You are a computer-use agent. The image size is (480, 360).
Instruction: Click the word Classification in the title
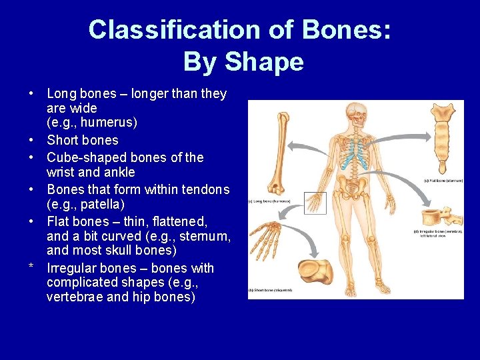point(157,30)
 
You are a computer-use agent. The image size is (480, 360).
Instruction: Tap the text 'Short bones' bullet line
point(82,140)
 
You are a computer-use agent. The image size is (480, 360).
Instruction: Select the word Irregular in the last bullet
point(72,268)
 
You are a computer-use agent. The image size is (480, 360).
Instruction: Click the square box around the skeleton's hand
point(316,203)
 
